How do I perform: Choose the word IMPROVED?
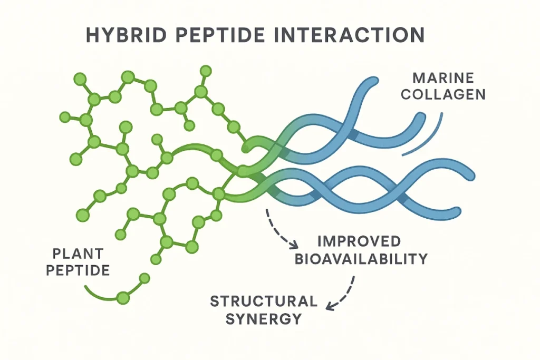coord(360,242)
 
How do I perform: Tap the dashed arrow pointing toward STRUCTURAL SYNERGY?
coord(343,293)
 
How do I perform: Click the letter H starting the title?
coord(92,35)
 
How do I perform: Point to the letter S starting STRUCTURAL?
coord(215,301)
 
